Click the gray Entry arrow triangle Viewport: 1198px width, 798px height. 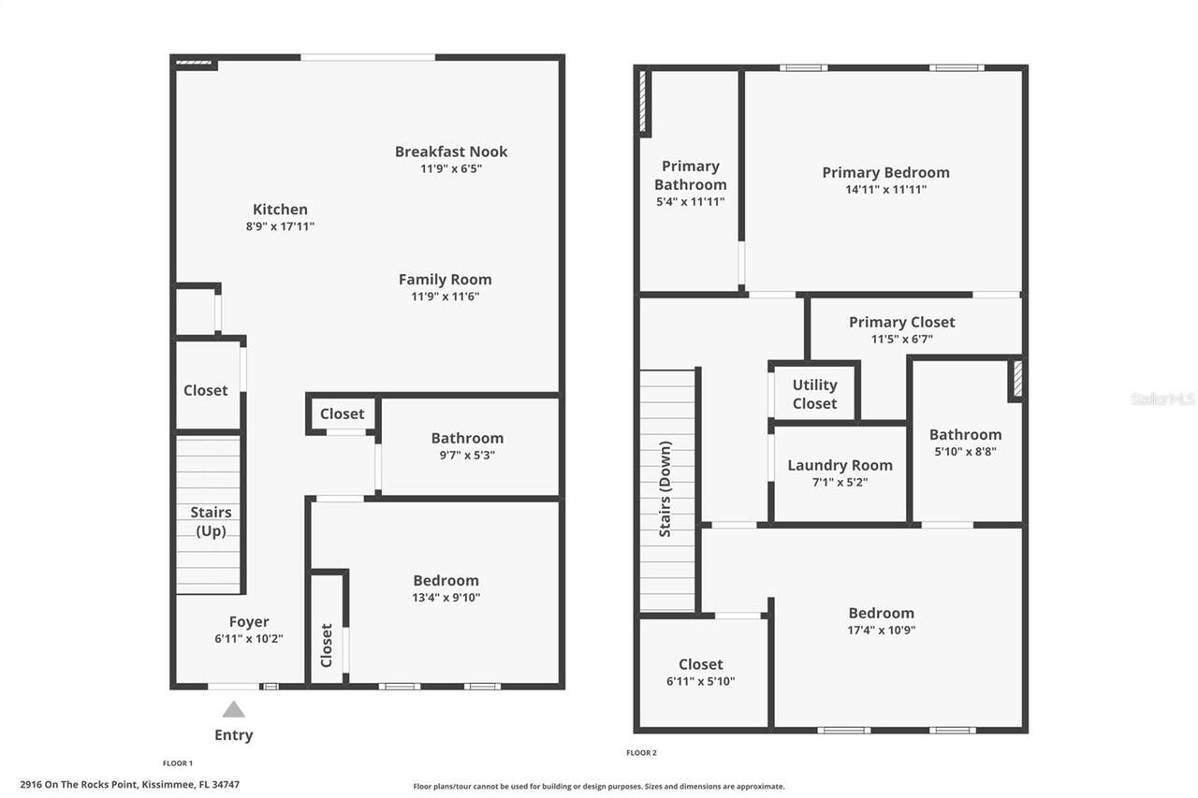click(234, 710)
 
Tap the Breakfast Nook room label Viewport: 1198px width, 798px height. click(451, 152)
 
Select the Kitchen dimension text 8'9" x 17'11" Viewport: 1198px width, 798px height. click(280, 226)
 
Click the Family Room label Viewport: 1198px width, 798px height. click(445, 280)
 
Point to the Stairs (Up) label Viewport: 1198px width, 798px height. click(212, 522)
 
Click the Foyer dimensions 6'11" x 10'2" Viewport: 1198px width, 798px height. click(249, 639)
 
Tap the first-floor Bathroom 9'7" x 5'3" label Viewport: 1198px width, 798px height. click(467, 445)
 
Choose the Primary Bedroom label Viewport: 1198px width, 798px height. click(885, 173)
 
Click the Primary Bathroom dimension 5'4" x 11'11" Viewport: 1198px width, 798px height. click(691, 201)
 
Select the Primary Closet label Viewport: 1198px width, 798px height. click(901, 323)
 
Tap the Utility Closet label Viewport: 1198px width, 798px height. click(814, 395)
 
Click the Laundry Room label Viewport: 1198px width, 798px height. click(840, 466)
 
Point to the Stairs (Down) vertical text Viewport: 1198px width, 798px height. click(665, 489)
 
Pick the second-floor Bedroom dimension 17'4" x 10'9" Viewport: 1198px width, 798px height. click(882, 631)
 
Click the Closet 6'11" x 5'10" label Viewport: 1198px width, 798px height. click(701, 673)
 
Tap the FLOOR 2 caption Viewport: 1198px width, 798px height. click(641, 752)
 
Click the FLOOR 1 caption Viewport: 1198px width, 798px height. click(178, 763)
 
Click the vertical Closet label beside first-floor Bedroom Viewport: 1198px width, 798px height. click(327, 646)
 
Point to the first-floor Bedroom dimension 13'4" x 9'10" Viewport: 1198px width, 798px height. click(446, 598)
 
